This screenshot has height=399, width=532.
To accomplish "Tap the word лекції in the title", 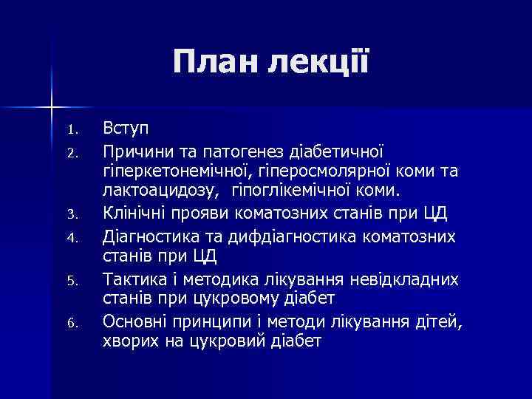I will (x=322, y=64).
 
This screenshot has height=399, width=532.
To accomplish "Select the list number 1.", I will (x=72, y=131).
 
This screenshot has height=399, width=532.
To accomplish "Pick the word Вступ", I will (x=126, y=129).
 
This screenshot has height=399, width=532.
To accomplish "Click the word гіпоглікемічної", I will (x=293, y=194).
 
